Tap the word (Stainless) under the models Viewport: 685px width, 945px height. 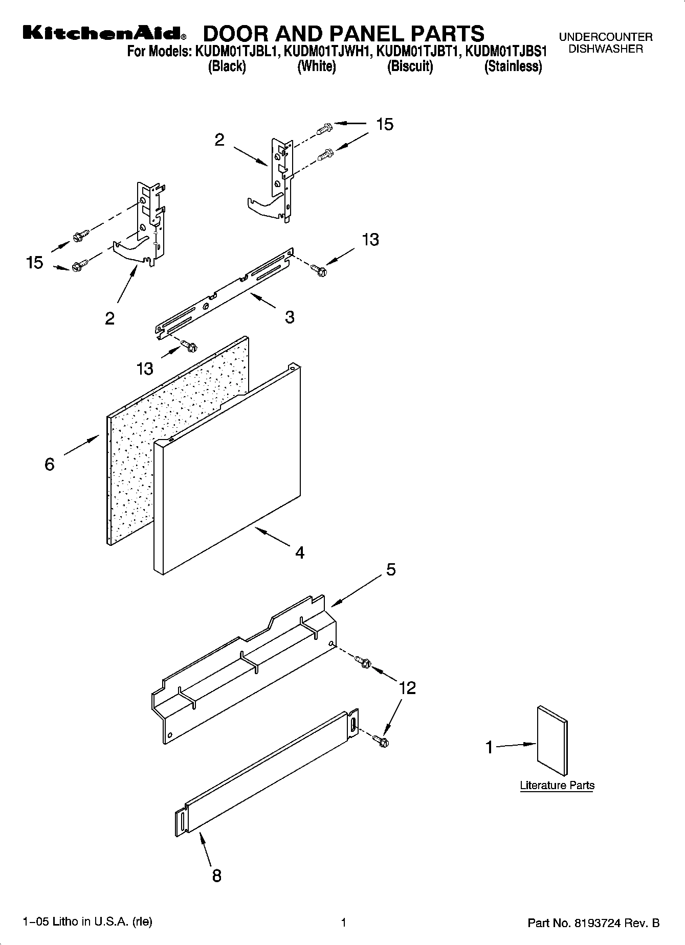(x=513, y=66)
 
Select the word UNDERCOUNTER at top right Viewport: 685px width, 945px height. (x=606, y=37)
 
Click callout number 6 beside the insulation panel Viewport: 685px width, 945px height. (x=50, y=464)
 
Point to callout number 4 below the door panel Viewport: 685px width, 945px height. (x=300, y=552)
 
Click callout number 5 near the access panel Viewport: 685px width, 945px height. (x=391, y=569)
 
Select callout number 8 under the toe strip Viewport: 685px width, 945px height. (x=217, y=875)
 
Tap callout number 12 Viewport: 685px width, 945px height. (x=407, y=688)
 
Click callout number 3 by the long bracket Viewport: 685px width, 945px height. (x=290, y=317)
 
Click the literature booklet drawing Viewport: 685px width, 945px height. (x=552, y=741)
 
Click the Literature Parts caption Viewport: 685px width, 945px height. (x=557, y=785)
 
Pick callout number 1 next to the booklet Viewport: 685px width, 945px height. (x=489, y=748)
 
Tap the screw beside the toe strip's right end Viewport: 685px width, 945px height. (x=381, y=740)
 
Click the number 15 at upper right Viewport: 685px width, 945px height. (x=385, y=124)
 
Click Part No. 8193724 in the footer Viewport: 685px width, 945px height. (x=593, y=923)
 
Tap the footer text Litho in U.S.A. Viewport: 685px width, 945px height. (x=87, y=922)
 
